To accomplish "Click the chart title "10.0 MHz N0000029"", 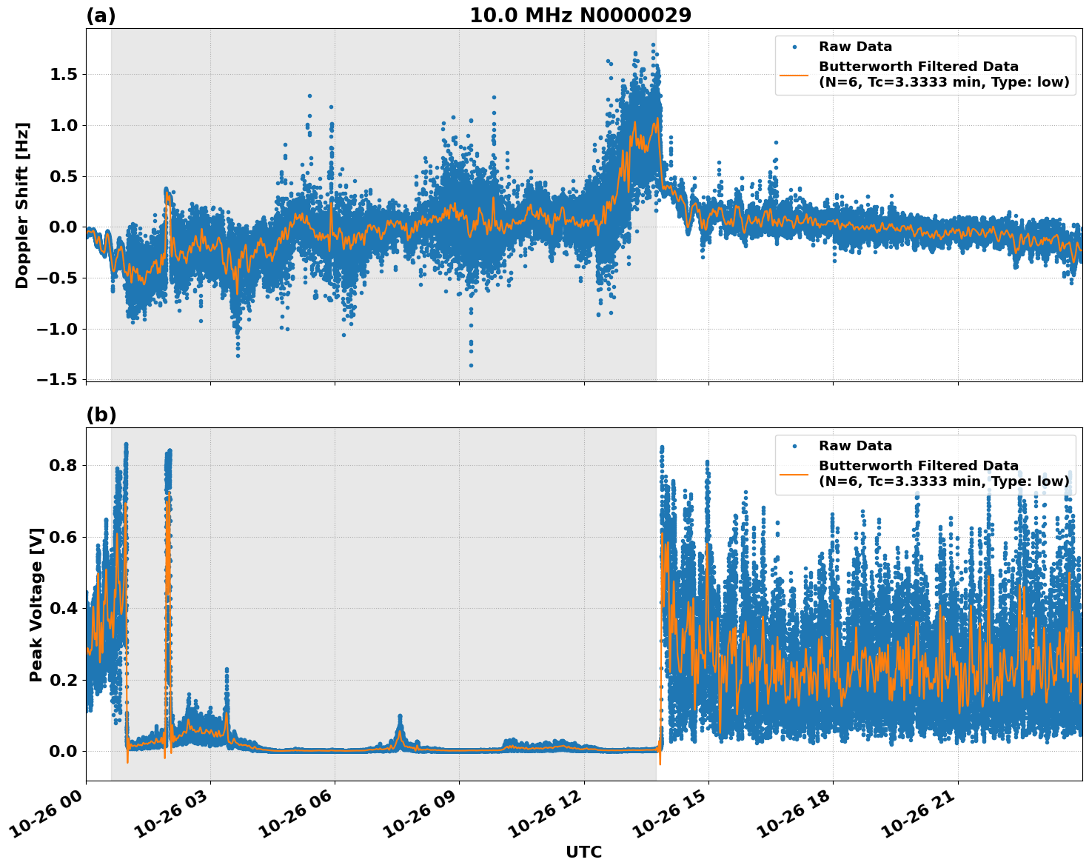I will (580, 16).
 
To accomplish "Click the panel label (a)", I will (101, 16).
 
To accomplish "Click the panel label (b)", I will (101, 415).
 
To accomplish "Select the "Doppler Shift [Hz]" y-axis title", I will (22, 205).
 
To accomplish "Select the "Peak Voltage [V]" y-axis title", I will (36, 604).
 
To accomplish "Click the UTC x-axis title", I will (583, 852).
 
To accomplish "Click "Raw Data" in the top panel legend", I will (855, 47).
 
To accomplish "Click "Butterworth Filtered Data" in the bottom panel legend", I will (918, 466).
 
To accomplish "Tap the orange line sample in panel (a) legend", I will (794, 74).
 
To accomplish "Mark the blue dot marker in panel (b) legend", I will (794, 446).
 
